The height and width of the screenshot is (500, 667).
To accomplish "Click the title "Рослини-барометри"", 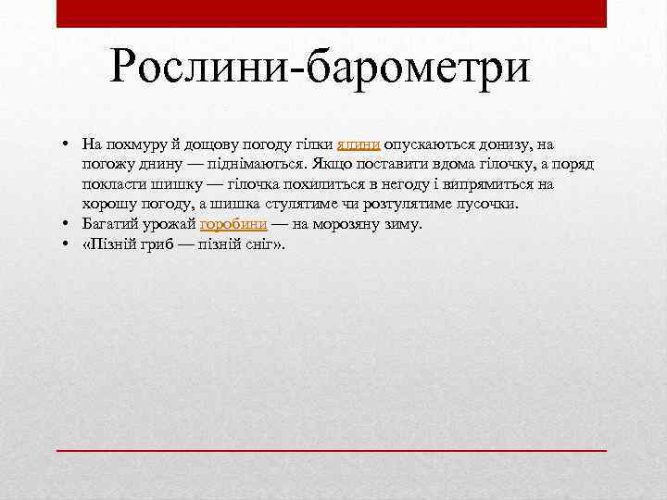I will (x=320, y=69).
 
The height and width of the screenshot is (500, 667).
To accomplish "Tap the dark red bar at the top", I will (x=331, y=13).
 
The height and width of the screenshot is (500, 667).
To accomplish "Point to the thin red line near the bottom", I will (x=331, y=449).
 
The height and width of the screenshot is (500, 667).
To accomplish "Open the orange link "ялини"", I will (x=358, y=144).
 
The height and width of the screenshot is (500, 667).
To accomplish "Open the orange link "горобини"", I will (x=233, y=224).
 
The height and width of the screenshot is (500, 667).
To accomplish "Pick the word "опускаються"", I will (x=422, y=144).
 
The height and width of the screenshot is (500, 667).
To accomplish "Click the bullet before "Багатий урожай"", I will (x=69, y=224).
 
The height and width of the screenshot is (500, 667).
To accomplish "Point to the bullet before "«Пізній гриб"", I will (x=69, y=244).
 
